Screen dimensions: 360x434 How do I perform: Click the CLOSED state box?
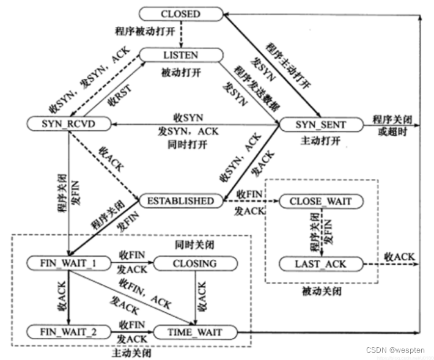pos(180,13)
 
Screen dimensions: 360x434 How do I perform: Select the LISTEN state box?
pos(180,55)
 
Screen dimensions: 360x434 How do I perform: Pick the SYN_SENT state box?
pos(320,125)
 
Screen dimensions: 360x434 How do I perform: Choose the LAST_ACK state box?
pos(321,264)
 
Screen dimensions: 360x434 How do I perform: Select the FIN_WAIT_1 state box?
pos(68,263)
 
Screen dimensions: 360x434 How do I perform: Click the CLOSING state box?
pos(195,263)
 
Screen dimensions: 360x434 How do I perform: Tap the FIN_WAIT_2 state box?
pos(68,332)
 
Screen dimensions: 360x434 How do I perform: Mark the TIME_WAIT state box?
pos(195,332)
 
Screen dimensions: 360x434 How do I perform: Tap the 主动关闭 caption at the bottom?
pos(131,353)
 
